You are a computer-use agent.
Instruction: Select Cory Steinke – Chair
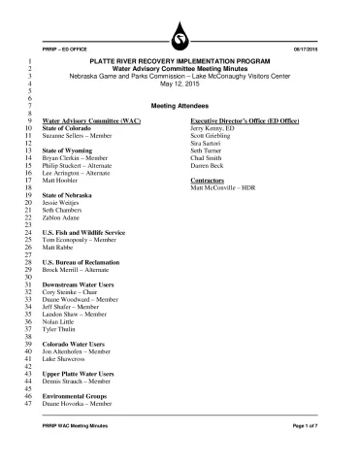[x=75, y=291]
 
